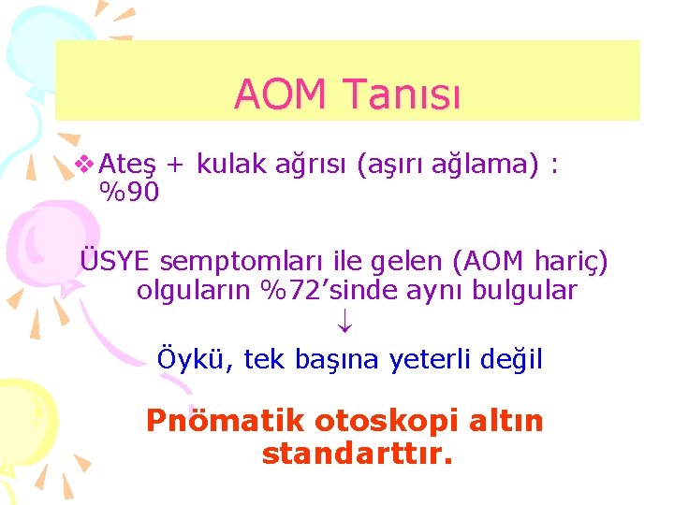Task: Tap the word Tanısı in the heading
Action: point(403,94)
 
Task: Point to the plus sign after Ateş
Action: point(175,166)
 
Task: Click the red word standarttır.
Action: point(358,454)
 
